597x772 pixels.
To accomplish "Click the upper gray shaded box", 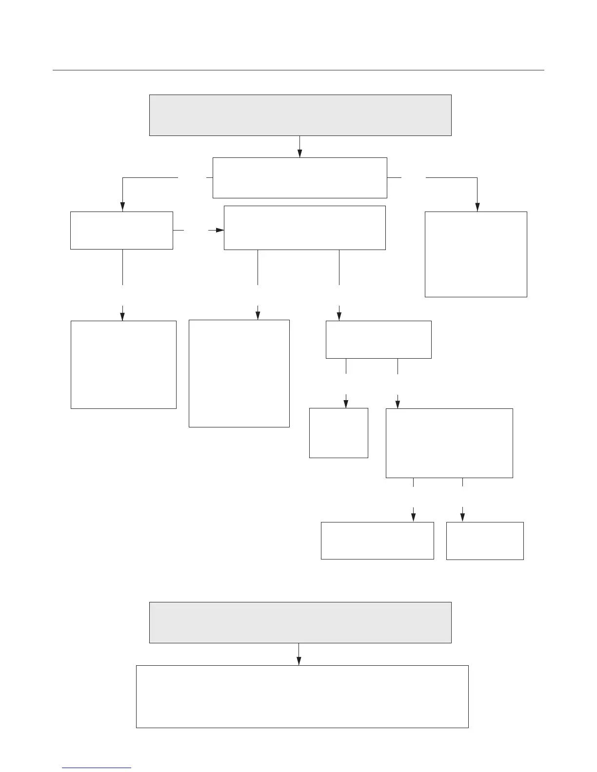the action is (300, 115).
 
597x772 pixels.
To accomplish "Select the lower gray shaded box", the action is (300, 622).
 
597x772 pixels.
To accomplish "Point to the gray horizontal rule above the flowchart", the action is (298, 70).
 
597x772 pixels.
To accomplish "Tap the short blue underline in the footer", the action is (97, 768).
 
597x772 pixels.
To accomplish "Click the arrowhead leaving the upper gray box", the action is (299, 153).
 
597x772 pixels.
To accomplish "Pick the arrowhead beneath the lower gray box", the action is (298, 661).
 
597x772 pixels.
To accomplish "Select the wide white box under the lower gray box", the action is (302, 696).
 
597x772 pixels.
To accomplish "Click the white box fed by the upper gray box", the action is (299, 178).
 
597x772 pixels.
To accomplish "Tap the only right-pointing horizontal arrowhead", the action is (219, 230).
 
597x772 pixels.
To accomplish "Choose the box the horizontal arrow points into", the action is (304, 228).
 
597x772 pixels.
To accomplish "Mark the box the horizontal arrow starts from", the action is (121, 230).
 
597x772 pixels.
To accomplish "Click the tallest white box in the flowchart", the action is (239, 373).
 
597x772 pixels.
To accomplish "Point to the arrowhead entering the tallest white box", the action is (258, 315).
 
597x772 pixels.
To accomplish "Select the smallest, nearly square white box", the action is (338, 433).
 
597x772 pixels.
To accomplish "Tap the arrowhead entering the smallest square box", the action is (346, 404).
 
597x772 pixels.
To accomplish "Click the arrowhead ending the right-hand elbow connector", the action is (477, 207).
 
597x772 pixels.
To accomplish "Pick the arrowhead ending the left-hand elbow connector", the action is (122, 207).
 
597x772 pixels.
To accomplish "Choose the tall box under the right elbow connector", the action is (476, 254).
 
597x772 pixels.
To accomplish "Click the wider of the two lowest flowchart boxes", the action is (377, 540).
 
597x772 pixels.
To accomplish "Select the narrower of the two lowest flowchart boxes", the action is (485, 541).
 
